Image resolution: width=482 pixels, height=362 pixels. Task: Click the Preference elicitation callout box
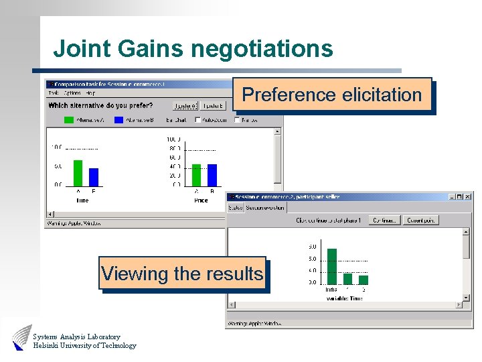(x=332, y=95)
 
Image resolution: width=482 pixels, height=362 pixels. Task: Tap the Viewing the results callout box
(x=182, y=274)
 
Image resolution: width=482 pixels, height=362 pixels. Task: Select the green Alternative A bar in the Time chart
(x=78, y=172)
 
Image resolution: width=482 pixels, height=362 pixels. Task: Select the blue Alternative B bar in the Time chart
(x=94, y=176)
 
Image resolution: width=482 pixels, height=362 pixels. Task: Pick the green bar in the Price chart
(x=196, y=174)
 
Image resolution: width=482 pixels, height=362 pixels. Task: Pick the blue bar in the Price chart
(x=212, y=174)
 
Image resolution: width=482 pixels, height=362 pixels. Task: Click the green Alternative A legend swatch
(x=69, y=121)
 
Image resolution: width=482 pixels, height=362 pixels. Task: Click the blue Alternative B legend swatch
(x=119, y=121)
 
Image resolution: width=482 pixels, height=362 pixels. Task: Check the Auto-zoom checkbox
(x=197, y=121)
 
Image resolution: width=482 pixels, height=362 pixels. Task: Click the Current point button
(x=422, y=220)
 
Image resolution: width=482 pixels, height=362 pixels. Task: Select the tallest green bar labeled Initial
(x=331, y=266)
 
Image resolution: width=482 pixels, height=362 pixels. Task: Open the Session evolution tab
(x=265, y=208)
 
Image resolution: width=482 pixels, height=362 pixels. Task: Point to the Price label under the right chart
(x=201, y=200)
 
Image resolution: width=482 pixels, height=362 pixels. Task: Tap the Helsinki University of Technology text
(x=84, y=346)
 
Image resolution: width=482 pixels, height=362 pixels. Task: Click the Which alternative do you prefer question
(x=100, y=105)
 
